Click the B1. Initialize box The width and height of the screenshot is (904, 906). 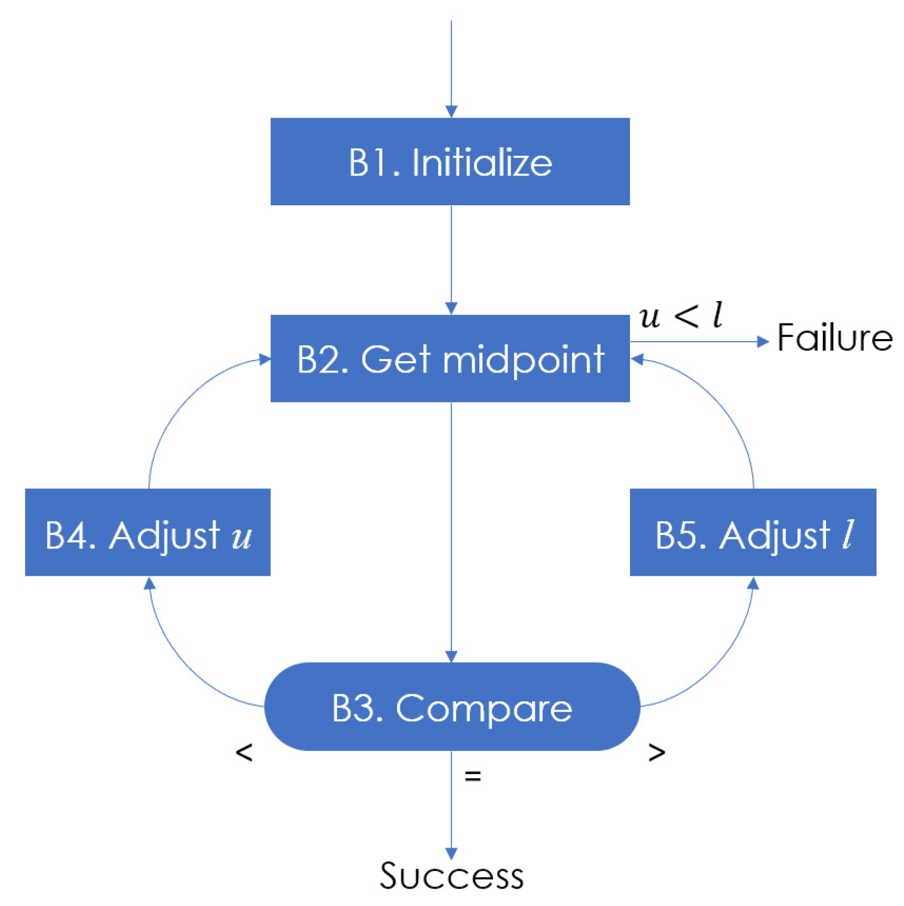[x=450, y=161]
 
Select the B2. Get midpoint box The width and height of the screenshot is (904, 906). [x=450, y=358]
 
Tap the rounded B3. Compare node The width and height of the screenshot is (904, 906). [x=452, y=706]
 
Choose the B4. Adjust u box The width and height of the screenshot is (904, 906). [x=147, y=532]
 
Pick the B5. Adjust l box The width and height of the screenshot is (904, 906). [x=752, y=532]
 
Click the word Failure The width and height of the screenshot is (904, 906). [x=834, y=337]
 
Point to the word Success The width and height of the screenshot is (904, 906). [x=451, y=876]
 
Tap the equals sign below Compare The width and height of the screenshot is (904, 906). [x=472, y=776]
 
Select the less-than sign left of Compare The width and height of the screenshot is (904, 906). [x=244, y=752]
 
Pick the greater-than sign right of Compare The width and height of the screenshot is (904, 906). [x=656, y=752]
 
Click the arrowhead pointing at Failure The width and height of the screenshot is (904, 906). [x=763, y=342]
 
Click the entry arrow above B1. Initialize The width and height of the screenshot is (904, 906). [x=451, y=65]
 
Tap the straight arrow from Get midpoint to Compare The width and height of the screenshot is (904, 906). [x=451, y=531]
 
